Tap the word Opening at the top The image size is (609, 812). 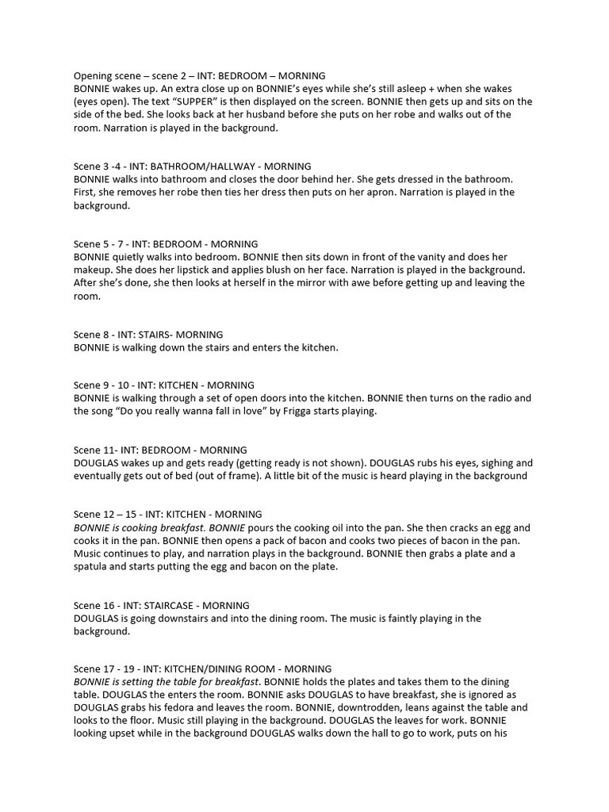coord(94,75)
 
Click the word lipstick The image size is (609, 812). coord(211,270)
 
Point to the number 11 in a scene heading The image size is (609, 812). coord(113,450)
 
